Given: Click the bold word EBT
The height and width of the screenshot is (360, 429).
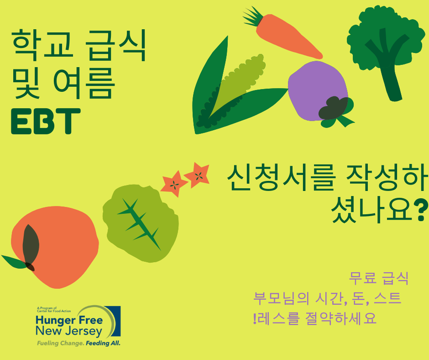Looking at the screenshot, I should tap(46, 121).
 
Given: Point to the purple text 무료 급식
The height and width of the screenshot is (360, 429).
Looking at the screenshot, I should tap(378, 278).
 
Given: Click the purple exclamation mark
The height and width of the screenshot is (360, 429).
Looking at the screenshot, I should tap(254, 318).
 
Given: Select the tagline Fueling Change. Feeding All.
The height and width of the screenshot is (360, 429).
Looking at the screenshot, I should tap(78, 343).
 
